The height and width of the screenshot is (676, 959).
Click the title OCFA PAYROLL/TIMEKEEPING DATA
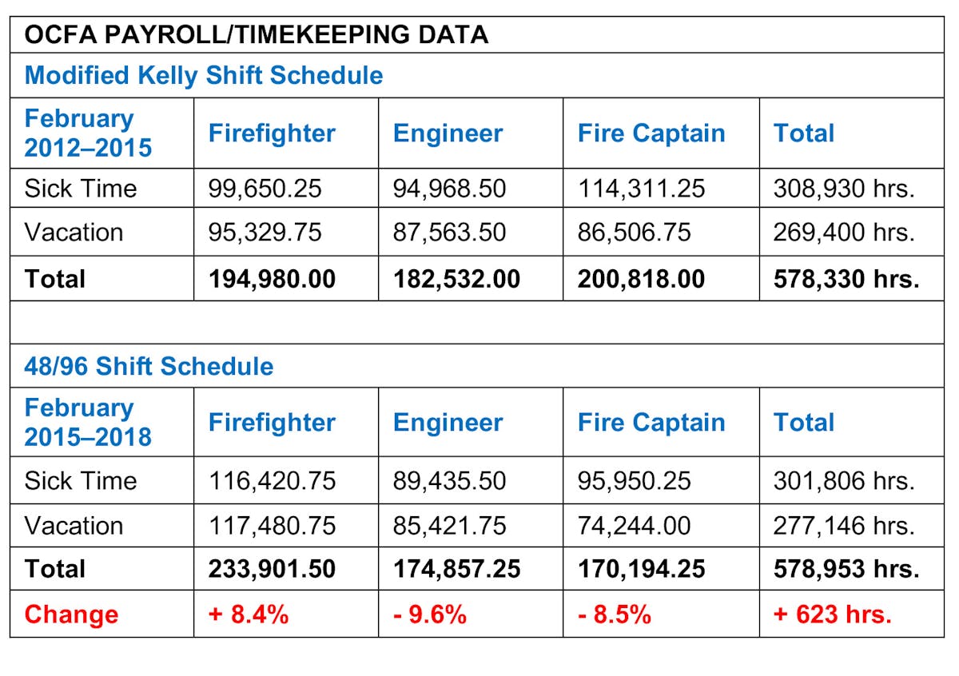(x=256, y=35)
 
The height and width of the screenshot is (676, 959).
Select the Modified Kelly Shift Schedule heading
(x=204, y=75)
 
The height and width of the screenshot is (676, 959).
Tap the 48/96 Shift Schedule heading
(x=149, y=366)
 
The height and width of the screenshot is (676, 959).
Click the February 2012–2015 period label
(x=88, y=133)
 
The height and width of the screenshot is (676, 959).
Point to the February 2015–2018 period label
(x=88, y=422)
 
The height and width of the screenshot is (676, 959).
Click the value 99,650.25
(x=265, y=189)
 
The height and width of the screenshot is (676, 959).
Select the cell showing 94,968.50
(x=449, y=189)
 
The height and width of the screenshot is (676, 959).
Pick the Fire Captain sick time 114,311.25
(x=642, y=189)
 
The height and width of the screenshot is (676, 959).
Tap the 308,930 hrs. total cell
(x=844, y=189)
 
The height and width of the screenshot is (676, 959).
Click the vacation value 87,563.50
(x=449, y=233)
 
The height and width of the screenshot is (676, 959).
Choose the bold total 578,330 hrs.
(x=846, y=279)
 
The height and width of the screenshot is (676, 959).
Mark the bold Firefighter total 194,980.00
(x=273, y=279)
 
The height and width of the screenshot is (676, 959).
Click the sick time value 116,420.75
(x=273, y=481)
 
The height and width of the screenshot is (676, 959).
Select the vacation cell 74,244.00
(x=635, y=526)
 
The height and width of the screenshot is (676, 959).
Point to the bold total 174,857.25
(x=456, y=569)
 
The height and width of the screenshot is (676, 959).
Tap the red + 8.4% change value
(x=249, y=614)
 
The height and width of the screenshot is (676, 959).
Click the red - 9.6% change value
(x=430, y=614)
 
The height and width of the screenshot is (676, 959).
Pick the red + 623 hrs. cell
(x=832, y=614)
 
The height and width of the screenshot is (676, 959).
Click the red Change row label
(x=71, y=614)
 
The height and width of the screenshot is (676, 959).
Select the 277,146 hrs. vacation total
(x=844, y=526)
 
